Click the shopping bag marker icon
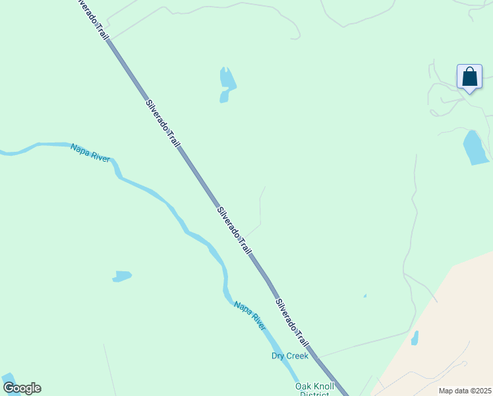point(469,77)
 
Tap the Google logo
point(22,388)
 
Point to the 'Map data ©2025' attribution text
point(464,391)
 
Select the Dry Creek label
point(290,356)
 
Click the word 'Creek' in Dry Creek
point(297,356)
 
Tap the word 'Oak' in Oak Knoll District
point(303,386)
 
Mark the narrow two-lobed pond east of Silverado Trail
point(227,83)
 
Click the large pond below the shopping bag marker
point(475,148)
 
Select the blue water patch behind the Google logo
point(9,380)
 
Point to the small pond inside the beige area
point(415,338)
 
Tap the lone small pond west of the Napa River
point(122,276)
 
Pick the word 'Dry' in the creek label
point(278,356)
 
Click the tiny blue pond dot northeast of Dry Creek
point(364,296)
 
